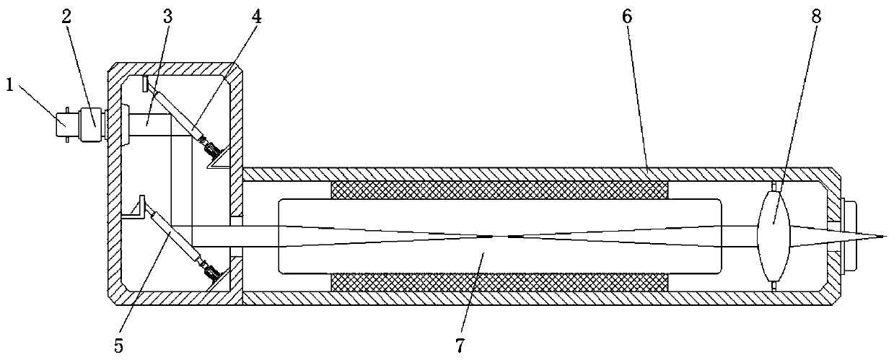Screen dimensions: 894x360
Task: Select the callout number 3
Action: (x=167, y=17)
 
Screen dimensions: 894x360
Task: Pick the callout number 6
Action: (x=626, y=17)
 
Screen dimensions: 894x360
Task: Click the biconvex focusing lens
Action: (x=774, y=236)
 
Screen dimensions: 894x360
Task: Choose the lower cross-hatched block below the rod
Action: (x=499, y=282)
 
